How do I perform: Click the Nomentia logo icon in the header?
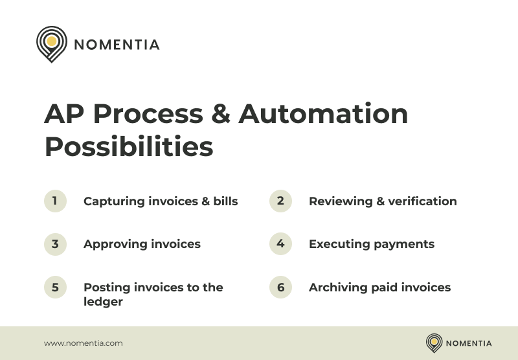(52, 43)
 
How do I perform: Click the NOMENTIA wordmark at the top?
(117, 45)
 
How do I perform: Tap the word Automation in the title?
(323, 115)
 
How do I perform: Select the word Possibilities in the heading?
(128, 147)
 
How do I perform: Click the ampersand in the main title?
(221, 115)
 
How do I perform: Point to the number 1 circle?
(55, 201)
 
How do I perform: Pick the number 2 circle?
(280, 201)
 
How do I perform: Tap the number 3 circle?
(55, 244)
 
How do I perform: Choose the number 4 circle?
(280, 244)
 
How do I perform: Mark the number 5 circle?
(55, 287)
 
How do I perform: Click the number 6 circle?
(280, 287)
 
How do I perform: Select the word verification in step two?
(425, 201)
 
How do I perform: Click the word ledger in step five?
(103, 301)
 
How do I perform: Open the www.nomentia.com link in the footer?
(83, 343)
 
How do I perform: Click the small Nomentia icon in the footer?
(434, 343)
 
